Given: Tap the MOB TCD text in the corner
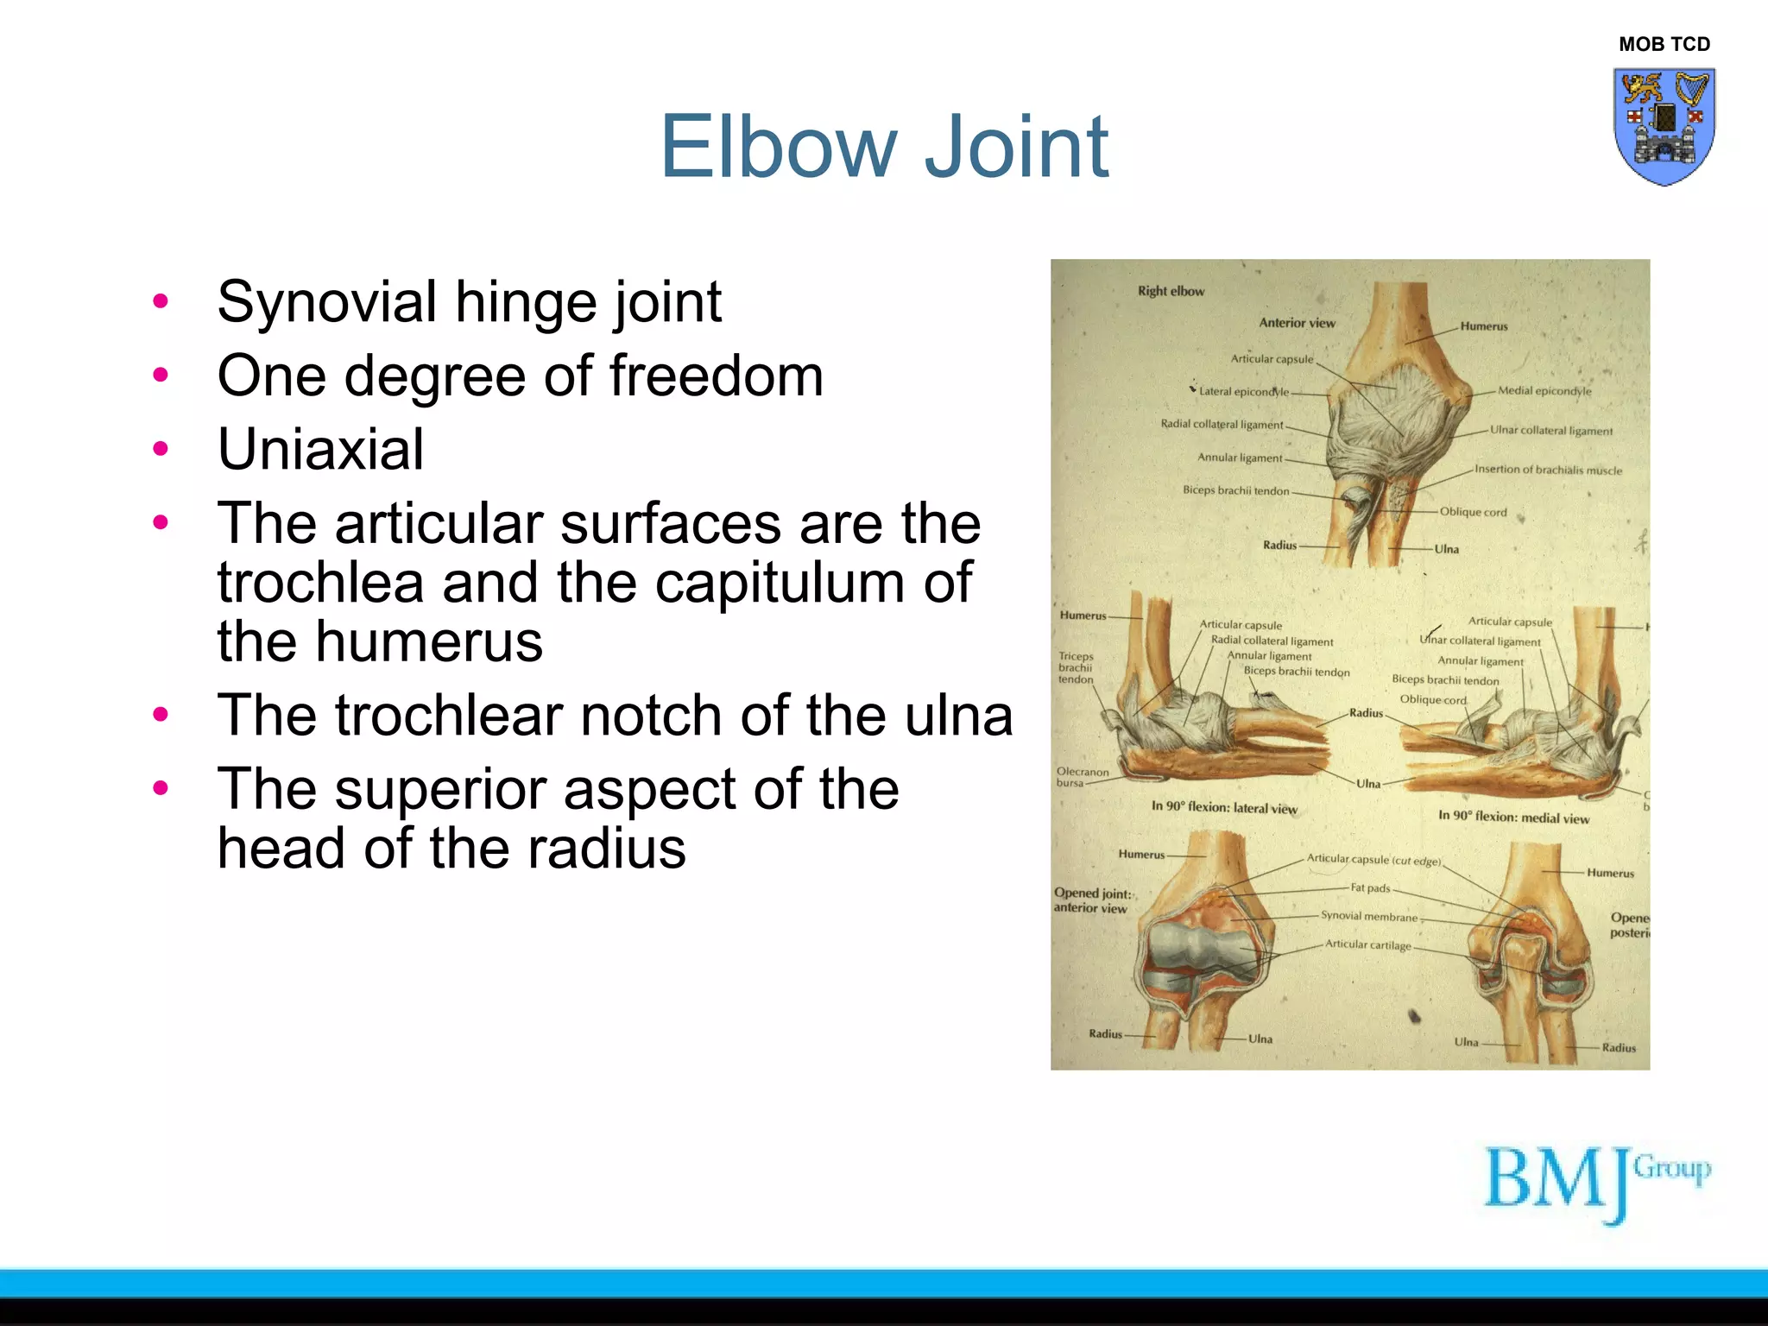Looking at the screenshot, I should (x=1664, y=44).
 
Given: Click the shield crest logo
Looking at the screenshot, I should (x=1664, y=126).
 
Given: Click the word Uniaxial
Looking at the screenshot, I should (x=320, y=450).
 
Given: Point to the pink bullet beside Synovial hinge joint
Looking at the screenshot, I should (x=161, y=301).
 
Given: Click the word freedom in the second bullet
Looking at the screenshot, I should (x=716, y=376).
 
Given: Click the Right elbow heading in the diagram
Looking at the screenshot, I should (x=1171, y=291).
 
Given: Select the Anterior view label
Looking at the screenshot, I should (x=1297, y=323).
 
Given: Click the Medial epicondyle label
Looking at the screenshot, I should (x=1544, y=390).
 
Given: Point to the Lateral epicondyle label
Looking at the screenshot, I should (x=1243, y=391).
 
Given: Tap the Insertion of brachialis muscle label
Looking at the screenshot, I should (x=1548, y=470).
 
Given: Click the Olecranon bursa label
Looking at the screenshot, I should (x=1082, y=777).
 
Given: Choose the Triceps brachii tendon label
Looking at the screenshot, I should (x=1076, y=667).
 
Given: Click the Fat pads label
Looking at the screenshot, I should (x=1370, y=887).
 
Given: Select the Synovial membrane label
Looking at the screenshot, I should (x=1368, y=916).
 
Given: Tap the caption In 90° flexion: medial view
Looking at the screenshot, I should (x=1513, y=817).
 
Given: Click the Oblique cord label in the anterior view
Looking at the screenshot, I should (x=1473, y=512).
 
